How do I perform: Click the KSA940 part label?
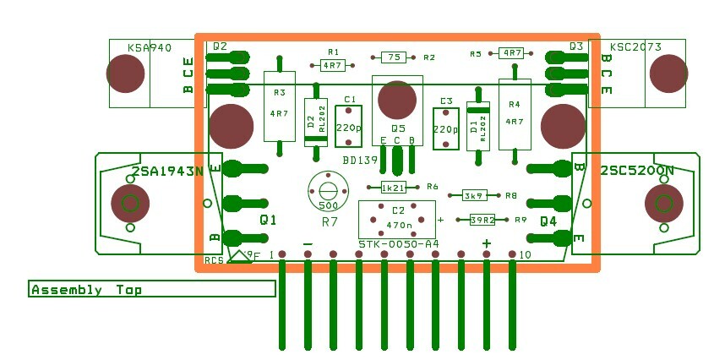coord(148,48)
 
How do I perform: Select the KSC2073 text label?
coord(635,47)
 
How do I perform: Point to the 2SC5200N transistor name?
coord(637,171)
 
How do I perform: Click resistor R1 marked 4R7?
coord(332,64)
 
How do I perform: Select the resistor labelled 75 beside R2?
coord(392,57)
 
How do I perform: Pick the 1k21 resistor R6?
coord(394,188)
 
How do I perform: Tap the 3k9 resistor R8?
coord(474,195)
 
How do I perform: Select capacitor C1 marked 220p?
coord(347,125)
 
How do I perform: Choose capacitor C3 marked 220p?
coord(445,128)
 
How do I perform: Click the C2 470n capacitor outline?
coord(396,219)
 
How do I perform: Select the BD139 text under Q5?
coord(360,159)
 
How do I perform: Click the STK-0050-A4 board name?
coord(398,244)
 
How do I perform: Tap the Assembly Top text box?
coord(152,289)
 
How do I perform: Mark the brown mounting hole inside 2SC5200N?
coord(663,203)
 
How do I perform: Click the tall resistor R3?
coord(279,107)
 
